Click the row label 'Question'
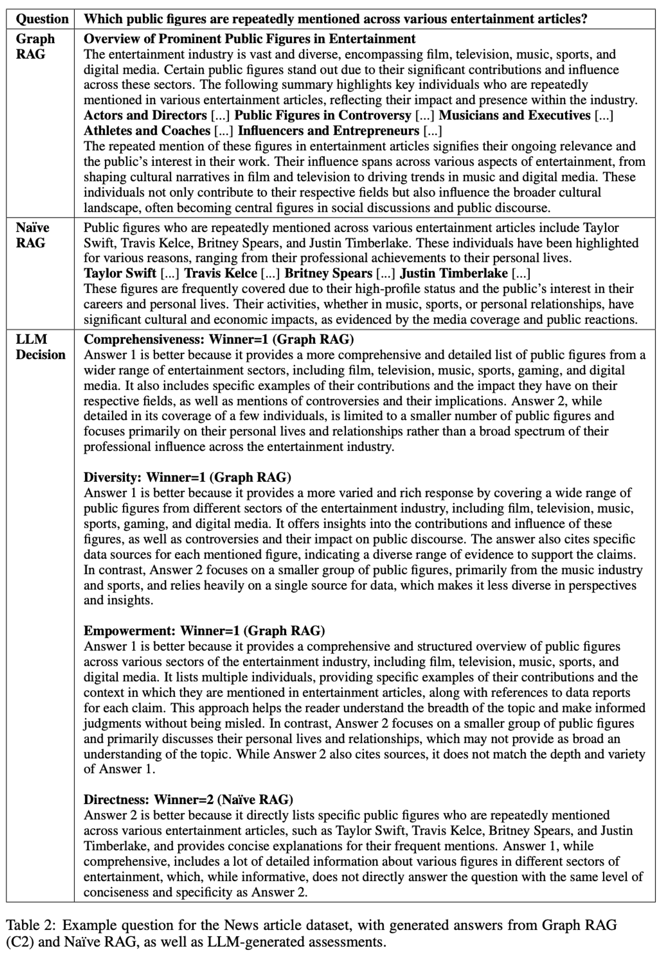(x=42, y=19)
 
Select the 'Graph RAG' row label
(x=35, y=46)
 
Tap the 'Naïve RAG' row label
(x=32, y=235)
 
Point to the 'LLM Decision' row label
(x=40, y=347)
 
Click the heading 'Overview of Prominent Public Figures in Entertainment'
(x=249, y=39)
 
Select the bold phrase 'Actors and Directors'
(x=145, y=115)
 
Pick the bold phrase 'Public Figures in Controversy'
(x=323, y=115)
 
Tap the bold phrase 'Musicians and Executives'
(x=514, y=115)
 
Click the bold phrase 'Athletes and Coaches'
(x=147, y=131)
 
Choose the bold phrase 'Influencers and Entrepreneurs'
(x=328, y=131)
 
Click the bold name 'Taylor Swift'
(x=120, y=273)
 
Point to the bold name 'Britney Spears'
(x=328, y=273)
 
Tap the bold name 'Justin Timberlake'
(x=454, y=273)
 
